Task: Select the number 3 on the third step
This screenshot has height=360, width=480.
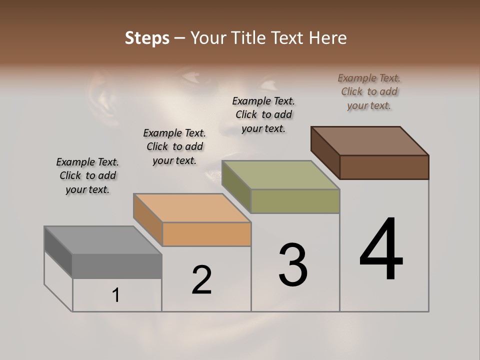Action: [x=293, y=265]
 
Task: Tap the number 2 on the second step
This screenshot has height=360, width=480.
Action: [x=202, y=280]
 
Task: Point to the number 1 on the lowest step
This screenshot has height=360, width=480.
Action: [x=116, y=295]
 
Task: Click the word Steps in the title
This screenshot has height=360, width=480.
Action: [x=147, y=38]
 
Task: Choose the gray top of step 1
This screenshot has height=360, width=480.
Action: [x=103, y=240]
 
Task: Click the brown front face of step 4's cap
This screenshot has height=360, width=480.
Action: [x=384, y=167]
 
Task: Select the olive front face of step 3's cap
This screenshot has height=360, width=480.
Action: [x=295, y=201]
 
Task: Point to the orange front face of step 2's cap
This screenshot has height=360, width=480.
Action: [x=206, y=234]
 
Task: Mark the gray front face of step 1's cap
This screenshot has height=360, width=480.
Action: [x=117, y=266]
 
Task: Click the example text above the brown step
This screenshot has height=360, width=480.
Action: [x=369, y=92]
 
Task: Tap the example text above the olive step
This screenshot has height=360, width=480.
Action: [x=263, y=114]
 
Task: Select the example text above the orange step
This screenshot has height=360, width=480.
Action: [x=174, y=146]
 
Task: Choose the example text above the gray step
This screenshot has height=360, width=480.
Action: [x=87, y=175]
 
